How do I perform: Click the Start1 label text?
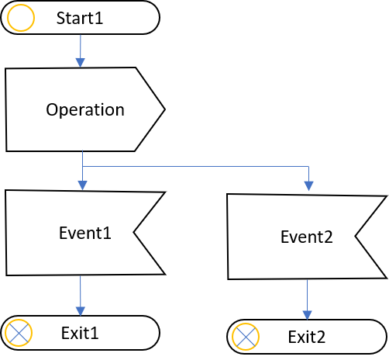pyautogui.click(x=80, y=18)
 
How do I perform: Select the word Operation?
pyautogui.click(x=85, y=110)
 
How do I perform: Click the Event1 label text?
pyautogui.click(x=85, y=233)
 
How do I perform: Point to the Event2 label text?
pyautogui.click(x=307, y=237)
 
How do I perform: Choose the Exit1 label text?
pyautogui.click(x=80, y=333)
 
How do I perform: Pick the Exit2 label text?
pyautogui.click(x=307, y=337)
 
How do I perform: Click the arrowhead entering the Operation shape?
pyautogui.click(x=81, y=63)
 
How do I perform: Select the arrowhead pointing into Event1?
pyautogui.click(x=82, y=185)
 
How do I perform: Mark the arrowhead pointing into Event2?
pyautogui.click(x=308, y=186)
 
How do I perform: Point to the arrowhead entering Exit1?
pyautogui.click(x=81, y=311)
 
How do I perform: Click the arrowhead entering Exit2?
pyautogui.click(x=307, y=315)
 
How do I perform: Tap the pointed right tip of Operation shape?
pyautogui.click(x=165, y=109)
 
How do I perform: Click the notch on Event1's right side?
pyautogui.click(x=133, y=232)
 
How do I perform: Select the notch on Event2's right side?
pyautogui.click(x=355, y=236)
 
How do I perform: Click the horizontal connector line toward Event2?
pyautogui.click(x=195, y=166)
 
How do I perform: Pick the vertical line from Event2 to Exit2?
pyautogui.click(x=307, y=295)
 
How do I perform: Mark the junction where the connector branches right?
pyautogui.click(x=82, y=166)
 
